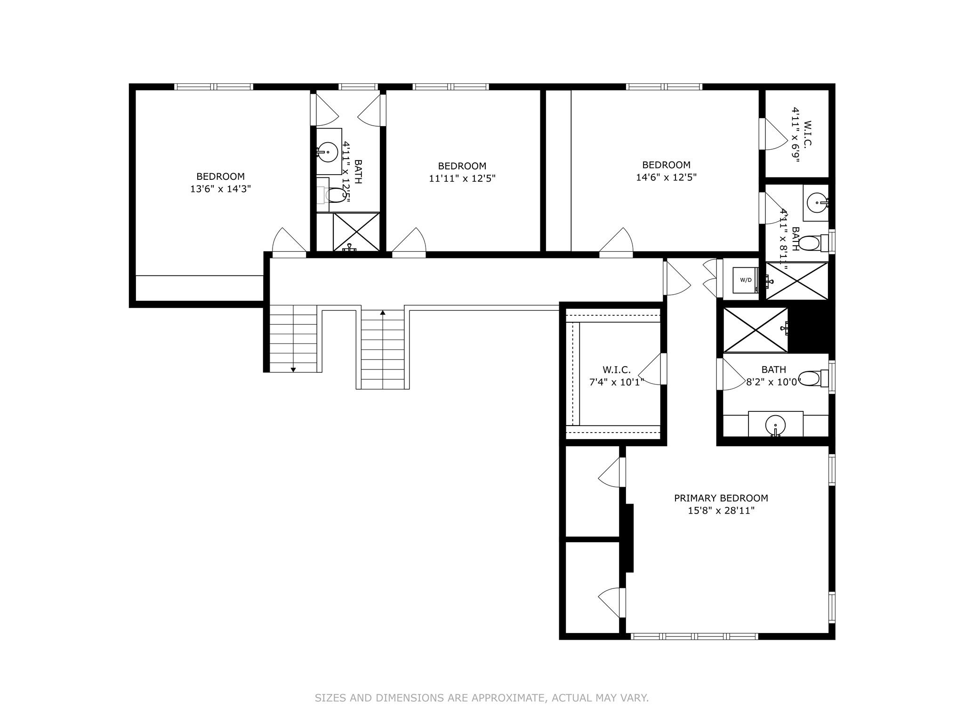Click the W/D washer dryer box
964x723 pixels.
coord(746,280)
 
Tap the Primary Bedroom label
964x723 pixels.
coord(721,498)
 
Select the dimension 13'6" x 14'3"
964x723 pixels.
coord(220,189)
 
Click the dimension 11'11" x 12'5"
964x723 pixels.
coord(462,178)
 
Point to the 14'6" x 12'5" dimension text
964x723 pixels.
coord(666,177)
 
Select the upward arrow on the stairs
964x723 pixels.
coord(383,313)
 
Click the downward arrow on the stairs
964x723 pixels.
coord(293,370)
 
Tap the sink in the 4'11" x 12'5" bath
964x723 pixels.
coord(328,152)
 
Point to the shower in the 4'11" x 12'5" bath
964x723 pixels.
coord(356,232)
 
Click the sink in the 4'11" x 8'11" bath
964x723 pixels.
coord(816,203)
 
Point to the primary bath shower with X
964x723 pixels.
coord(755,329)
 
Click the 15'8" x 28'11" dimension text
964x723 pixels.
coord(721,511)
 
